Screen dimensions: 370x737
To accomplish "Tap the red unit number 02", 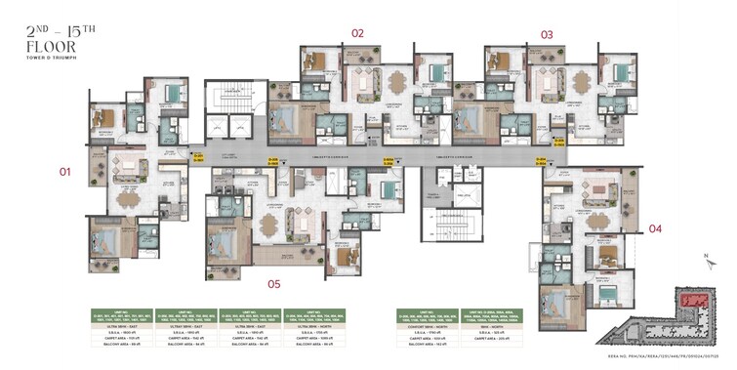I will pos(357,33).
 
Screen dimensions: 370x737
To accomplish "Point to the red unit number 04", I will pos(655,229).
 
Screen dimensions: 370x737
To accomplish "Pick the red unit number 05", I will pos(274,284).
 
